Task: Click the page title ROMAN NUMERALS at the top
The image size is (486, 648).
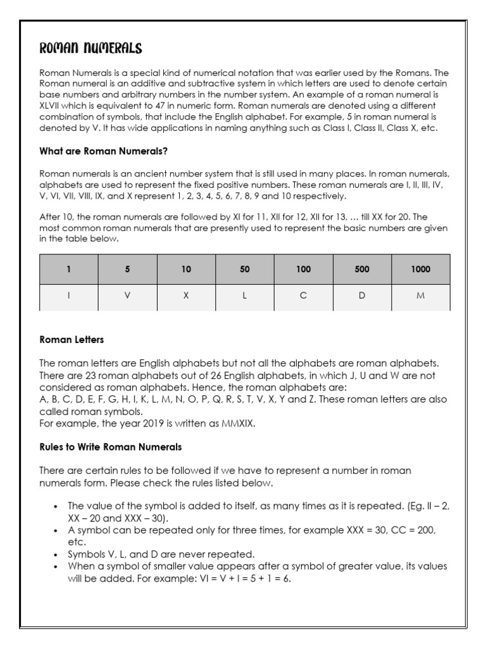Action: [90, 49]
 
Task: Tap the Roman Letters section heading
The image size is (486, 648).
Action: [72, 340]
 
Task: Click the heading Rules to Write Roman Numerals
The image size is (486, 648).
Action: [111, 447]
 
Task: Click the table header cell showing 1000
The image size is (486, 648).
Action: [420, 269]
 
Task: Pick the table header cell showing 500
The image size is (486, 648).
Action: [362, 269]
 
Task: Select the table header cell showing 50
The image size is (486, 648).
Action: [245, 269]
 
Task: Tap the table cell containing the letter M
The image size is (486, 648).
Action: [420, 296]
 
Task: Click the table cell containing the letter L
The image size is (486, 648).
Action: [245, 296]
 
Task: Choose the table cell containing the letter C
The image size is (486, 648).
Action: [303, 296]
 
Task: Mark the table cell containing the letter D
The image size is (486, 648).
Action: [362, 296]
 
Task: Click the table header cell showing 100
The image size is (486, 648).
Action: [303, 269]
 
